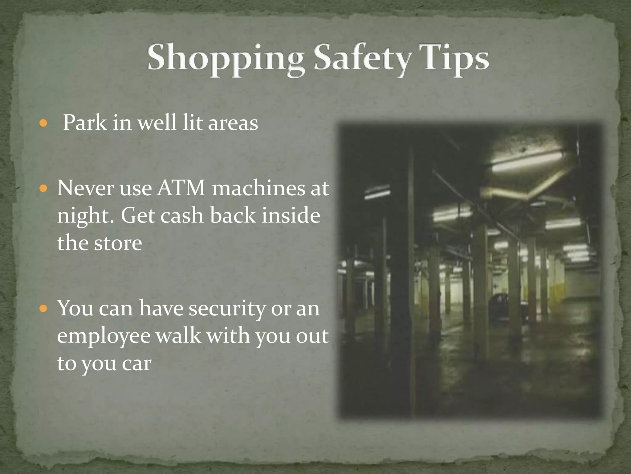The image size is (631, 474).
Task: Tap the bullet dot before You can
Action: pos(43,308)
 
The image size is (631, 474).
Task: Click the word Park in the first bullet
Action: pos(85,123)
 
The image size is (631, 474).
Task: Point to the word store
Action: pos(118,243)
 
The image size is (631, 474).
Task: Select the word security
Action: pos(227,308)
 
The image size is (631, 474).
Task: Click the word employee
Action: pos(104,336)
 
